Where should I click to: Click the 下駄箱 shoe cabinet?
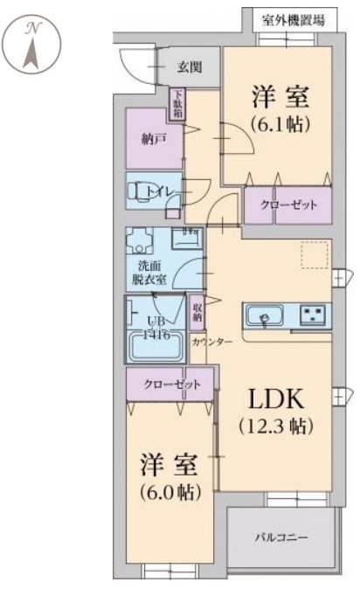(177, 104)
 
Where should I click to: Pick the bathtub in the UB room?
(156, 346)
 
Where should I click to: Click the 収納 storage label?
(198, 313)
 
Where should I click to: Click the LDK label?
(276, 400)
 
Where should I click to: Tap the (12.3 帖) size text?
(276, 427)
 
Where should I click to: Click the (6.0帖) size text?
(170, 490)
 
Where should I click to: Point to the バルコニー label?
(281, 537)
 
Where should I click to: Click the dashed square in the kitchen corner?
(313, 256)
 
